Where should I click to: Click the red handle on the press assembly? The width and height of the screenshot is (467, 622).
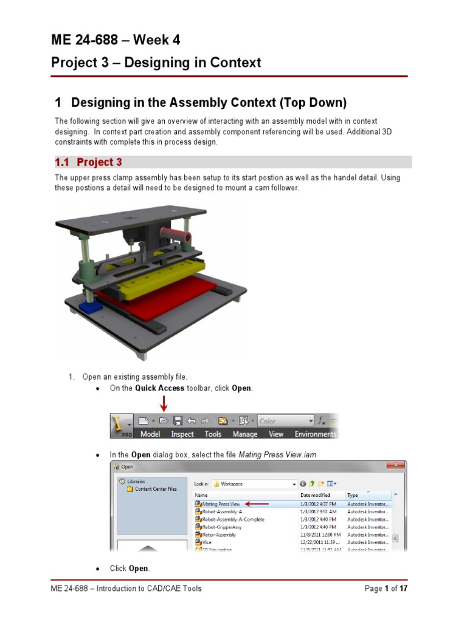point(175,234)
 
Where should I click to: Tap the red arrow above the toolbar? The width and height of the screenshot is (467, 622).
point(163,403)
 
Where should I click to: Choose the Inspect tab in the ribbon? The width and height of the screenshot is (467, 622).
point(182,434)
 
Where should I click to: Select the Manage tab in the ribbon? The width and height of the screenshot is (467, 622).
point(245,434)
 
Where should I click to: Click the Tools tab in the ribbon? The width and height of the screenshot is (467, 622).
point(213,434)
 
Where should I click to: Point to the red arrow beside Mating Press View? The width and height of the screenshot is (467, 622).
point(256,504)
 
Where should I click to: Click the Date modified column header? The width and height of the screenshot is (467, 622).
point(315,496)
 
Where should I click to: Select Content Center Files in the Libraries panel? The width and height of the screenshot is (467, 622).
point(156,488)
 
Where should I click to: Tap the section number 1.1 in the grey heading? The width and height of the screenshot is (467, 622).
point(63,162)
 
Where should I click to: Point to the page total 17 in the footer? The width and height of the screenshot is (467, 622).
point(403,589)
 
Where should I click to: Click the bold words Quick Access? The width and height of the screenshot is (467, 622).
point(159,388)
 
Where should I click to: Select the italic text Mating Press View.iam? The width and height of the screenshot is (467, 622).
point(277,454)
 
